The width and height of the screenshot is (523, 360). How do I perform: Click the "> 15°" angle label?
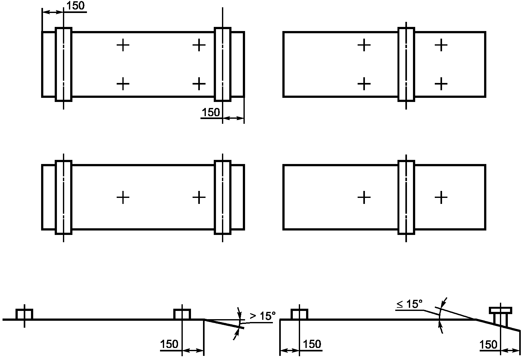[x=262, y=316]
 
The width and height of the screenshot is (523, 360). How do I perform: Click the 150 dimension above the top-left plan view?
[x=76, y=6]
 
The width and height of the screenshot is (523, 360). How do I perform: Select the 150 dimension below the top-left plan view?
[x=211, y=112]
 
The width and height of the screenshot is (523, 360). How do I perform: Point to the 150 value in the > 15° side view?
[x=169, y=344]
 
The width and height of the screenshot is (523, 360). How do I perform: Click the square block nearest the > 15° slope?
[x=182, y=314]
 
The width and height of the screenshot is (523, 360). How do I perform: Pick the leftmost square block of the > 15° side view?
[x=24, y=314]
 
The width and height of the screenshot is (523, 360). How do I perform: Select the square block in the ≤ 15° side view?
[x=299, y=314]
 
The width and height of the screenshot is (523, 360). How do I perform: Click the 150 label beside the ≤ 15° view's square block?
[x=312, y=344]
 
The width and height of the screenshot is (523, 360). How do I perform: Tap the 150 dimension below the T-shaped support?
[x=489, y=344]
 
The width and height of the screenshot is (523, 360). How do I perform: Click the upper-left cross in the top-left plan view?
[x=123, y=45]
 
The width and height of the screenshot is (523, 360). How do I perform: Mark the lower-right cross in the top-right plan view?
[x=441, y=84]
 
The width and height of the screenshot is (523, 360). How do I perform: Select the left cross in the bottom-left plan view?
[x=123, y=198]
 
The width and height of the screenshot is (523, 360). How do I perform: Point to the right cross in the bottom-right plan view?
[x=441, y=198]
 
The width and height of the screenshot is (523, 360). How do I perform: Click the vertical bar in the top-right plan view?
[x=406, y=64]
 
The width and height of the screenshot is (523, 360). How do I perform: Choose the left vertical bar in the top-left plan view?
[x=64, y=64]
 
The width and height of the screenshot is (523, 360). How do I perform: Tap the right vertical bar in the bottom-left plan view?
[x=223, y=197]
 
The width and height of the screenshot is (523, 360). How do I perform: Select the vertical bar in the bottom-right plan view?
[x=406, y=197]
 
